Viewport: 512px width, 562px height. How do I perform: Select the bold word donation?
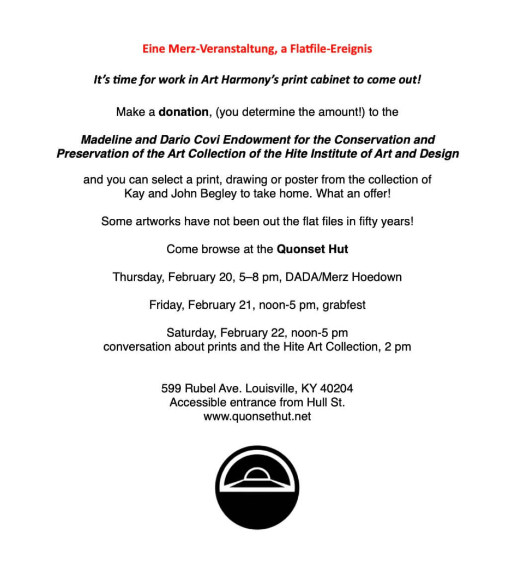click(183, 112)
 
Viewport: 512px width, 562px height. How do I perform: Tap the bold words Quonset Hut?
click(312, 249)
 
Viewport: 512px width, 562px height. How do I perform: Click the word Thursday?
click(138, 277)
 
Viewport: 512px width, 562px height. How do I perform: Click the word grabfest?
click(344, 304)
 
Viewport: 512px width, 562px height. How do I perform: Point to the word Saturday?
click(191, 332)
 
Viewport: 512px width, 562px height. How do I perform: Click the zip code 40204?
click(336, 389)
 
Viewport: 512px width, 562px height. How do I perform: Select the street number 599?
click(171, 389)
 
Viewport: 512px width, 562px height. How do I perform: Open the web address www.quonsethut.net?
click(257, 416)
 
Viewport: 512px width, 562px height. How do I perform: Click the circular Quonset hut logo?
click(257, 487)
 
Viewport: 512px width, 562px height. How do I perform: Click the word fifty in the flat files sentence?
click(349, 222)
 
